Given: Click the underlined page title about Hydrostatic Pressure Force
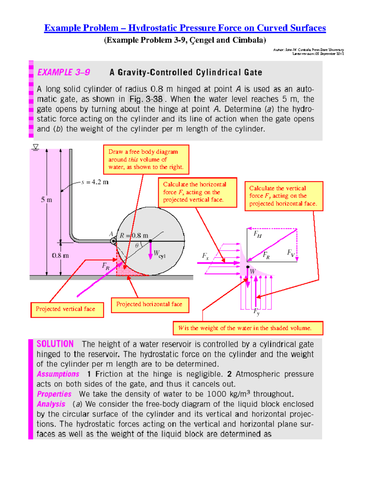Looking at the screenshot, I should (185, 28).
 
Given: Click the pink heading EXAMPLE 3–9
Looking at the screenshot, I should (64, 72).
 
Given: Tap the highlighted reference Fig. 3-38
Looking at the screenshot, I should (146, 99).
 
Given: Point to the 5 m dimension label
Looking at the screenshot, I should (47, 200).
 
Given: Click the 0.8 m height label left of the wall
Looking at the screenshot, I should (60, 255).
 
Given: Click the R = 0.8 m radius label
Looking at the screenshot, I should (134, 236).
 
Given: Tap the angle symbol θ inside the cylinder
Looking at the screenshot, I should (137, 246).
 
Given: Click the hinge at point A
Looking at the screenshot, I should (114, 241).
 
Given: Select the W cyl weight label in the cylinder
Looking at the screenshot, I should (159, 254).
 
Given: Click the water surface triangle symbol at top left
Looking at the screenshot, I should (36, 147).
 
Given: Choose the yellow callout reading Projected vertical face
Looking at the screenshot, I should (67, 309).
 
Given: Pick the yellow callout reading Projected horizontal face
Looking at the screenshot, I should (150, 305).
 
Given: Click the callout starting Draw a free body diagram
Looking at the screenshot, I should (146, 159).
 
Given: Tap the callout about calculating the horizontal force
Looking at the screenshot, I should (197, 192).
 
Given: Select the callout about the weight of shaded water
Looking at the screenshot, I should (248, 328).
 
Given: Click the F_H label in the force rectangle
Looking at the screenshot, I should (257, 234).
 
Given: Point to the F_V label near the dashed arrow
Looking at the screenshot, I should (291, 253).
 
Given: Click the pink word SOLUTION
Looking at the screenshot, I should (55, 344).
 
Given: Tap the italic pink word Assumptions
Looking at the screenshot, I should (58, 374).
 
